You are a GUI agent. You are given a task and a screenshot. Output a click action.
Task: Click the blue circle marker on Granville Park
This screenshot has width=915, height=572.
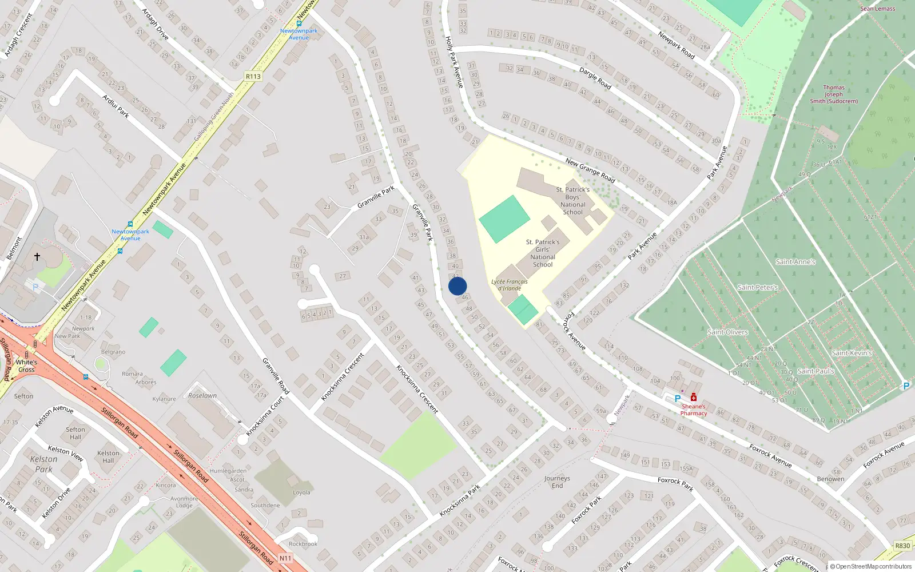(x=457, y=286)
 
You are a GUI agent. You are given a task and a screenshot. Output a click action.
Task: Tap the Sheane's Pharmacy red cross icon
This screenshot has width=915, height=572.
(x=694, y=397)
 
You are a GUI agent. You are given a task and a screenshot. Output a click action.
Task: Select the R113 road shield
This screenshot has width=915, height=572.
(x=253, y=76)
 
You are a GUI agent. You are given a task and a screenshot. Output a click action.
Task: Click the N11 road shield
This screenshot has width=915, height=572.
(x=285, y=558)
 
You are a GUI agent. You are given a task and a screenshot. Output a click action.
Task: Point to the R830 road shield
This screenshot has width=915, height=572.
(x=902, y=546)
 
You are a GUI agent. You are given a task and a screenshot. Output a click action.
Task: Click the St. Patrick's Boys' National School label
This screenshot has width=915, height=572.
(x=573, y=200)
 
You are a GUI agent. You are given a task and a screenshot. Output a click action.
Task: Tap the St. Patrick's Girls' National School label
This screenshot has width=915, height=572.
(x=543, y=253)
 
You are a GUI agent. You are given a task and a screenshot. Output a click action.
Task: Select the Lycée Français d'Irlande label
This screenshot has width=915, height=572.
(x=509, y=285)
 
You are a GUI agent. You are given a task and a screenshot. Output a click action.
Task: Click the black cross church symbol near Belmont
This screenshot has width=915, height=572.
(x=37, y=257)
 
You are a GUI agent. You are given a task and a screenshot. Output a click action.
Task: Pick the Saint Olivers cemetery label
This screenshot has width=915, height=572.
(x=727, y=332)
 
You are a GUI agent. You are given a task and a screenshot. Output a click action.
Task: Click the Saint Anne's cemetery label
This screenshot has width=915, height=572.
(x=795, y=262)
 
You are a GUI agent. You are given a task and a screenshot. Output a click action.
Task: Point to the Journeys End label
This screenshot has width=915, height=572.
(x=557, y=482)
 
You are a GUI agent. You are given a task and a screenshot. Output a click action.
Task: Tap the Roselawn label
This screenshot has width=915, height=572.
(x=202, y=395)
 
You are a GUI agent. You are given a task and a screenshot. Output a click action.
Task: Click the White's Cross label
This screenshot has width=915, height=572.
(x=26, y=366)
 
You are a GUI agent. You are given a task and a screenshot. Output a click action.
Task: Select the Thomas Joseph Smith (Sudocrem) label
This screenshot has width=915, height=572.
(x=834, y=94)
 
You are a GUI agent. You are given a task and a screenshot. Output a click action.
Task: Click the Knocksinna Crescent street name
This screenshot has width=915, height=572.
(x=417, y=389)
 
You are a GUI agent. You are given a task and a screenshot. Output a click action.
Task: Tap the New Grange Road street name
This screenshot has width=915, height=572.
(x=590, y=170)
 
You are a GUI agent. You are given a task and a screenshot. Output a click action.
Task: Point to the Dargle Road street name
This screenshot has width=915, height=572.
(x=595, y=78)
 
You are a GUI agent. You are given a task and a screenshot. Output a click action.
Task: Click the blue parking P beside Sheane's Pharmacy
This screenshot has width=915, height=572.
(x=678, y=399)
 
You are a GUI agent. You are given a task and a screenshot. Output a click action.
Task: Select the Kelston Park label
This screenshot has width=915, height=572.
(x=43, y=464)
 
